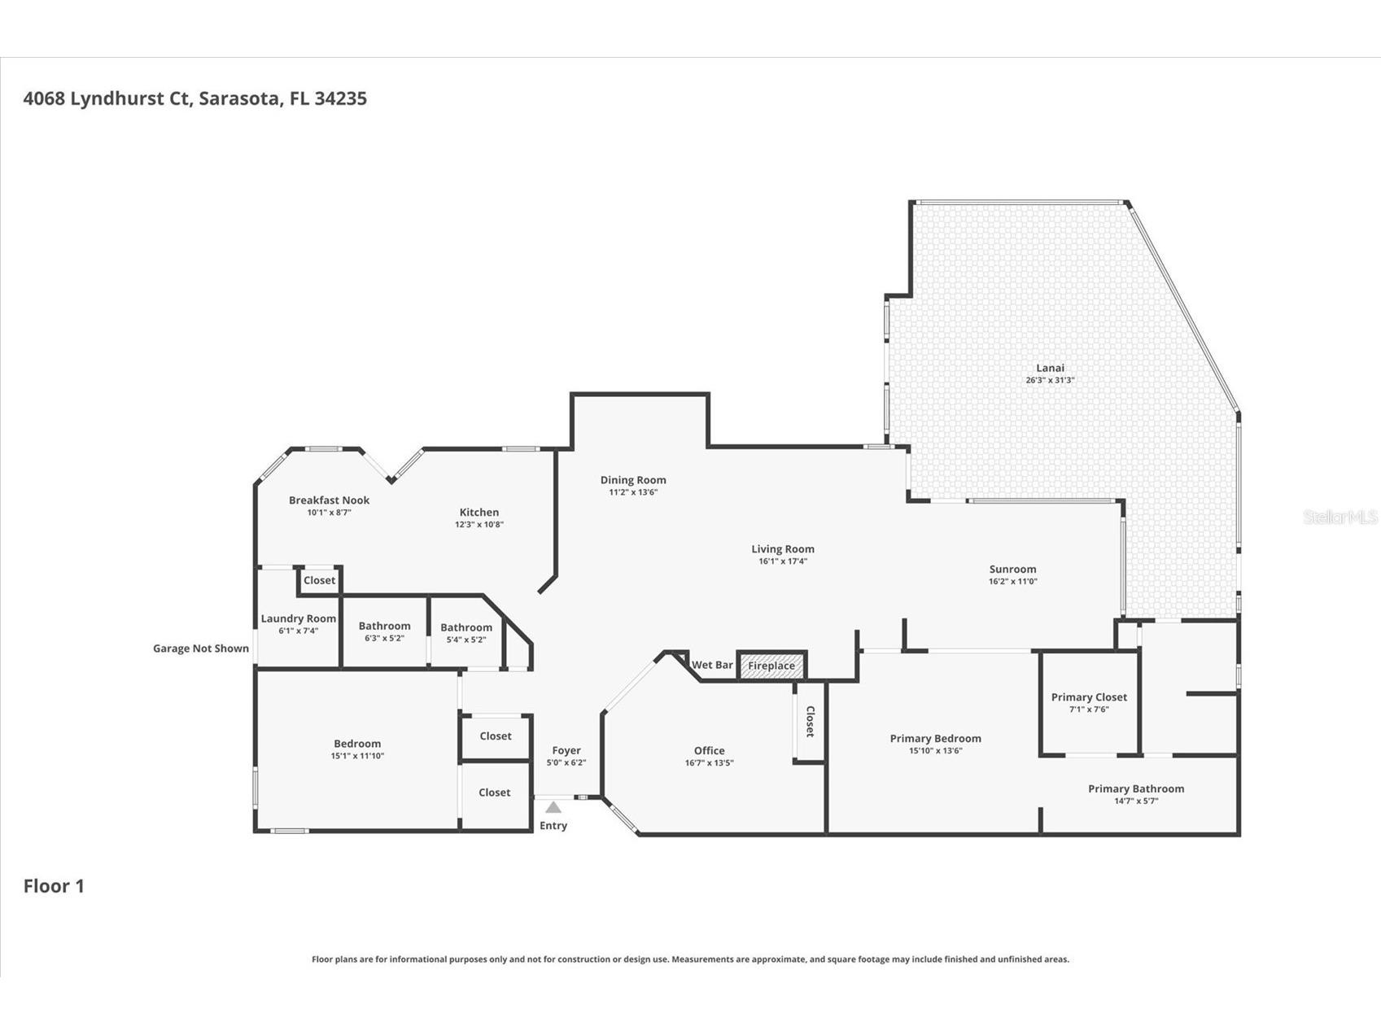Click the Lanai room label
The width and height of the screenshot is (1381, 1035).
[x=1050, y=368]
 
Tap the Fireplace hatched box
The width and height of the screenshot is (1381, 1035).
[x=771, y=666]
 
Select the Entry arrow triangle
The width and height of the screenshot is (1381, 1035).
[x=553, y=807]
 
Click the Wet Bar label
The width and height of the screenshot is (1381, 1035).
[x=712, y=665]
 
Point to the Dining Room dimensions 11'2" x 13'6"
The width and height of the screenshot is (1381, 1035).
[x=633, y=492]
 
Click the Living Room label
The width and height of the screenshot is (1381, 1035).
[x=782, y=549]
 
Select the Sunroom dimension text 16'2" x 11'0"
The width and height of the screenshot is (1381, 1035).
[x=1012, y=581]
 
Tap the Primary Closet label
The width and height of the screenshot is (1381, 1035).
[x=1089, y=697]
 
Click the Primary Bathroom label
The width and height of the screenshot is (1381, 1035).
[x=1136, y=788]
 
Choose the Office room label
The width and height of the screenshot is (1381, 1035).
[x=709, y=751]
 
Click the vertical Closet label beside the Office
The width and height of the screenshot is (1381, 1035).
[x=810, y=722]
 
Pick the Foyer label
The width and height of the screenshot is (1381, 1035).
[x=566, y=751]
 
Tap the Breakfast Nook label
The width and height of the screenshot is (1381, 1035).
[x=329, y=500]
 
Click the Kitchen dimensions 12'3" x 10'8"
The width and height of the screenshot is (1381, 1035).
[x=479, y=525]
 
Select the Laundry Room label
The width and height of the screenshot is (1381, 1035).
[x=298, y=618]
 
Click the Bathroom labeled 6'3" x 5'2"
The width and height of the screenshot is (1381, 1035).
[x=384, y=627]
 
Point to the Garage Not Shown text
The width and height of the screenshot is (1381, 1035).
[x=201, y=649]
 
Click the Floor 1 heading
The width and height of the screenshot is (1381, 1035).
[x=54, y=886]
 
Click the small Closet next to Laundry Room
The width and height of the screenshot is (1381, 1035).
[x=319, y=580]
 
